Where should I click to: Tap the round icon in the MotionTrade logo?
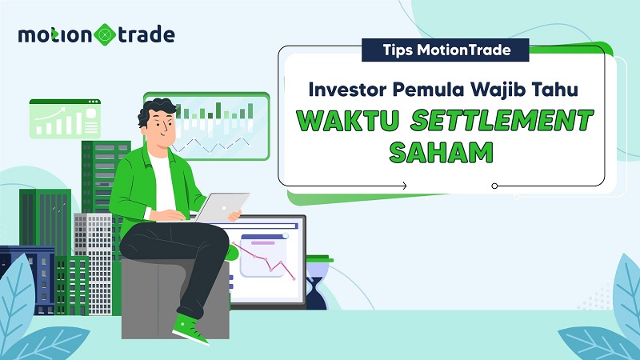pos(105,36)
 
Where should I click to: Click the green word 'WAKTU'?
pos(349,121)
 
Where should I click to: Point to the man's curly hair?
pos(157,112)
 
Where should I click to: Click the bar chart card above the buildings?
pos(64,120)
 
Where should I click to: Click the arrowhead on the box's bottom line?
pos(404,186)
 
